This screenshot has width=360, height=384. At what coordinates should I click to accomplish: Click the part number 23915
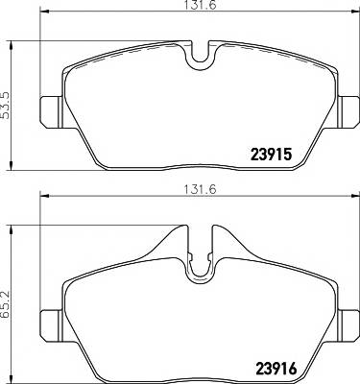[x=271, y=155]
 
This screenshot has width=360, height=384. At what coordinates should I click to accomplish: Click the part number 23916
[x=276, y=369]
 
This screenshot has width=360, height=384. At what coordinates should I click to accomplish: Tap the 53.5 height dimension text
[x=6, y=106]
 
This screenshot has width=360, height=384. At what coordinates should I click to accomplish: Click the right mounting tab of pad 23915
[x=348, y=111]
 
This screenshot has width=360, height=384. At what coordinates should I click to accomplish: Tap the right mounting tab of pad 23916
[x=348, y=325]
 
